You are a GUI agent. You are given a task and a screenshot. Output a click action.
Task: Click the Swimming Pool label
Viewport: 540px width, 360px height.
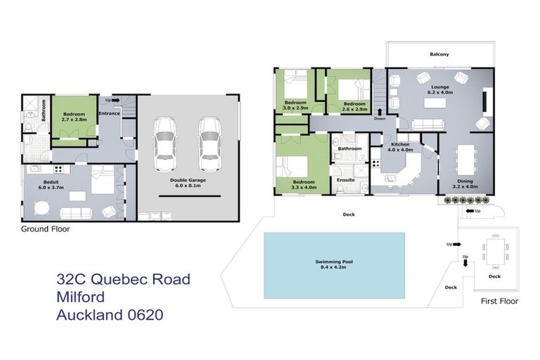(x=333, y=264)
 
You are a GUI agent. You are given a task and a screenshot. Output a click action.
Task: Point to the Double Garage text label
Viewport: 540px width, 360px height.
(x=186, y=182)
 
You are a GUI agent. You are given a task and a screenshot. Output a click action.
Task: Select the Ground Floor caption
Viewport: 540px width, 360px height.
(x=45, y=229)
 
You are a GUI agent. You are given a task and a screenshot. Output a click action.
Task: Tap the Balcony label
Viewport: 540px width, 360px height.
(x=439, y=54)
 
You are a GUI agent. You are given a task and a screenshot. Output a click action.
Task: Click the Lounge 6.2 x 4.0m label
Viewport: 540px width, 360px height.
(x=441, y=89)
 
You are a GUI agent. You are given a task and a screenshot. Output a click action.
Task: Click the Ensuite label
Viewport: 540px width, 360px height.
(x=345, y=180)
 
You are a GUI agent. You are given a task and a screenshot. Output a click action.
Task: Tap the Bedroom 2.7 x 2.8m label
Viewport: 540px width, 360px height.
(x=75, y=116)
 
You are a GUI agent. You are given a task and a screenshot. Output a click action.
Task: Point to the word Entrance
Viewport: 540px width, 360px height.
(x=109, y=113)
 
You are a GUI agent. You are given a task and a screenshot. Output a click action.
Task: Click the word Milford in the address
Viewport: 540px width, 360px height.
(x=84, y=297)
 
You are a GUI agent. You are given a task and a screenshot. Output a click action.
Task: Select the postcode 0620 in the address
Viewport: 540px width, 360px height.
(x=141, y=315)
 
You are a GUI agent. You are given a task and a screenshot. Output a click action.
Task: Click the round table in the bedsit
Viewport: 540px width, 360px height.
(x=41, y=208)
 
